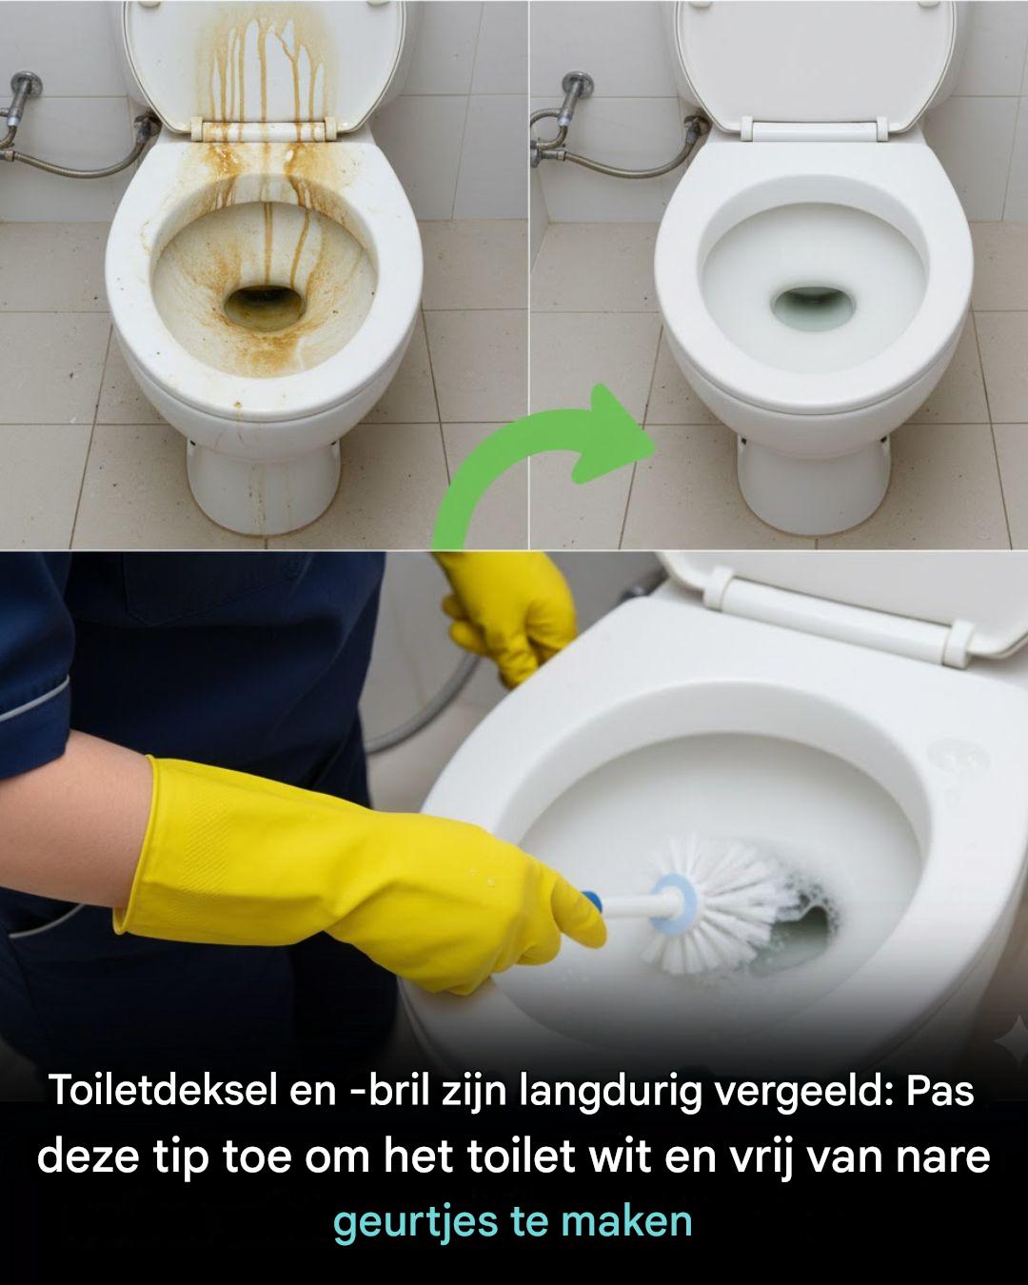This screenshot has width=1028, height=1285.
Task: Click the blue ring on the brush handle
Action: click(673, 903)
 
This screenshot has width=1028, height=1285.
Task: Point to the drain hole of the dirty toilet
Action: click(266, 306)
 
